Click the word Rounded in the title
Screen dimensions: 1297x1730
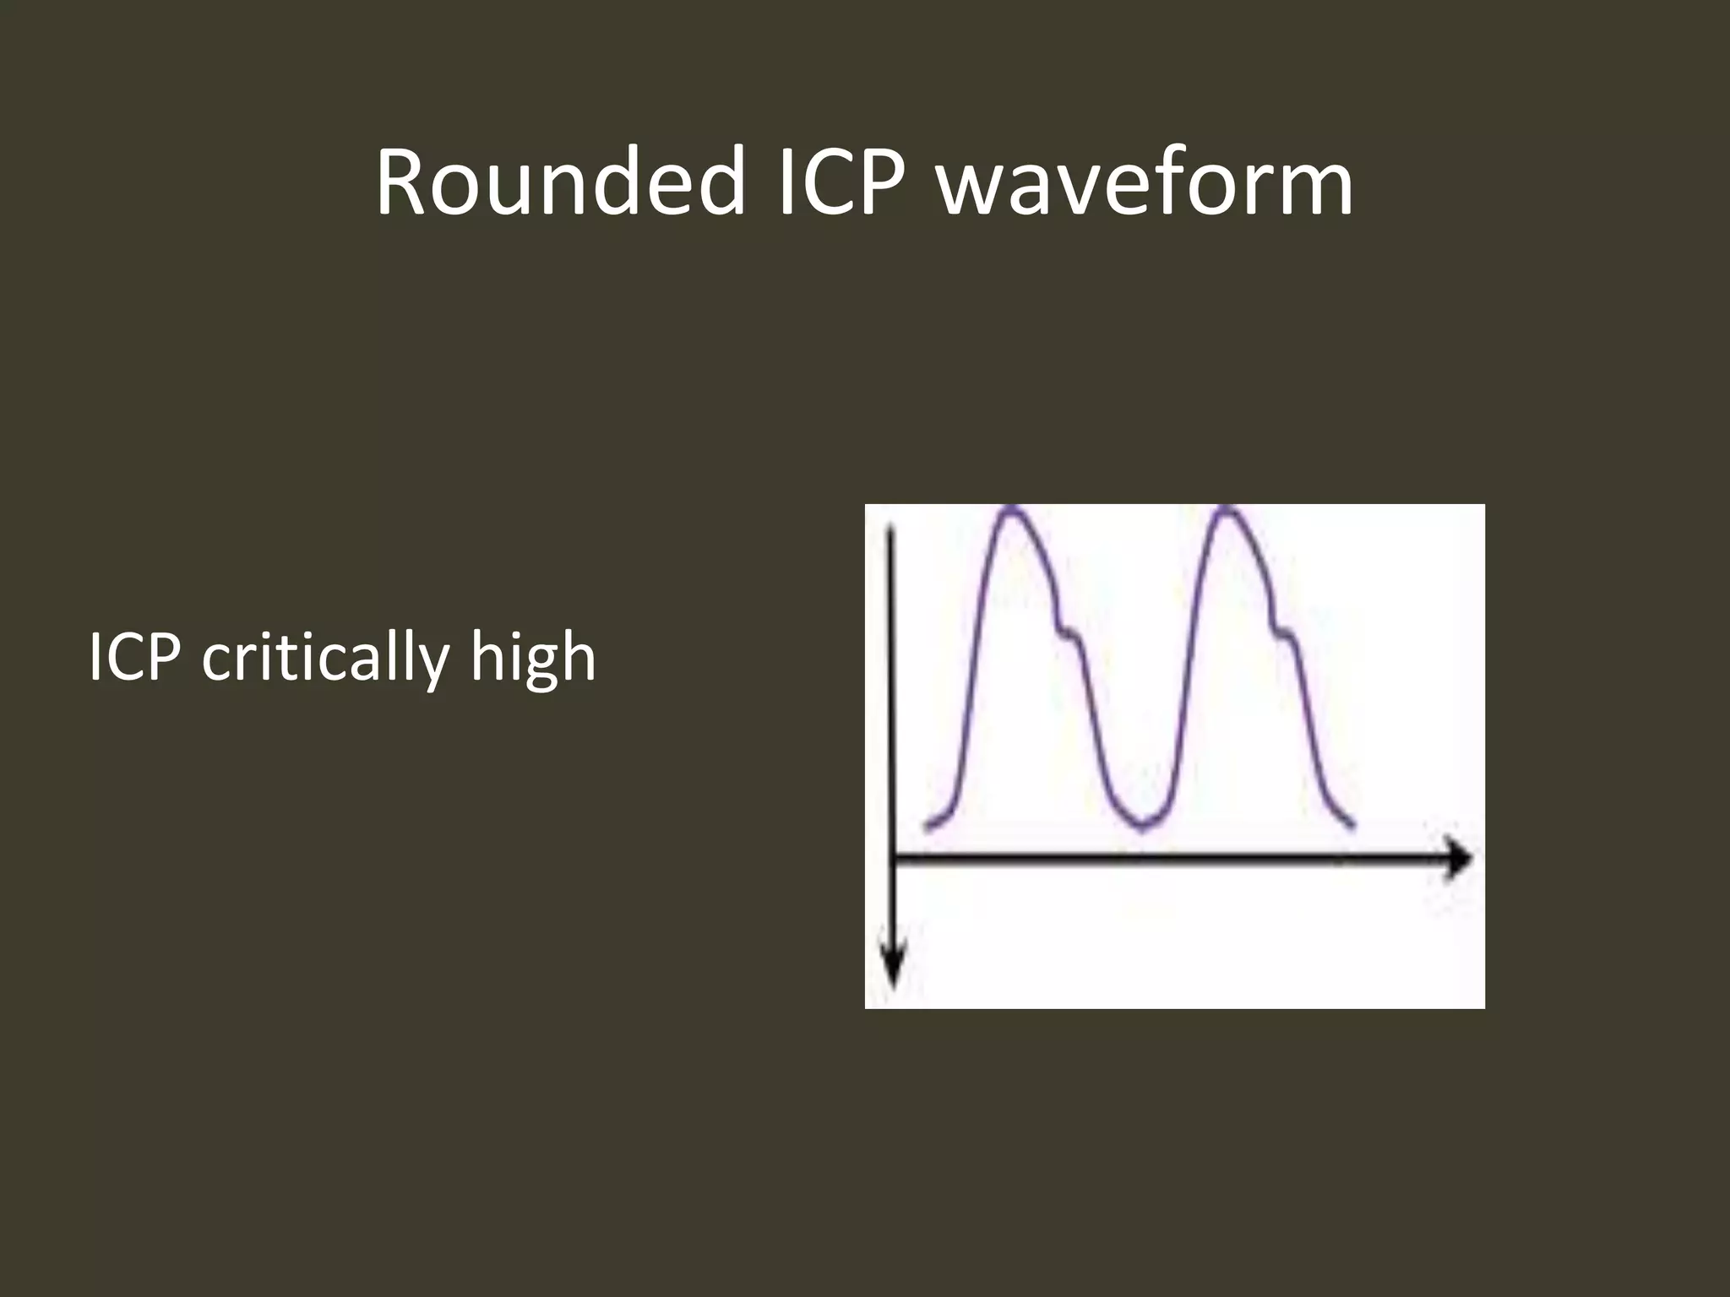(x=560, y=182)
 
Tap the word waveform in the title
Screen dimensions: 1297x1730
(x=1145, y=182)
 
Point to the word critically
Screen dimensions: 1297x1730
(x=324, y=658)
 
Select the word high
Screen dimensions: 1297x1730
(x=534, y=658)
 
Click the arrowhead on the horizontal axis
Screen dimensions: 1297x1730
(x=1458, y=860)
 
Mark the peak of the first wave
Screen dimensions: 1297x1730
(x=1012, y=508)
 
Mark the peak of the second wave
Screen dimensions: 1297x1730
(x=1227, y=508)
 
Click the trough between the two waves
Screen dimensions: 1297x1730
(x=1141, y=828)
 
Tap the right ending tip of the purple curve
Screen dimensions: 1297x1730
(x=1354, y=827)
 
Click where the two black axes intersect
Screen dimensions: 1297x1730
(x=893, y=860)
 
